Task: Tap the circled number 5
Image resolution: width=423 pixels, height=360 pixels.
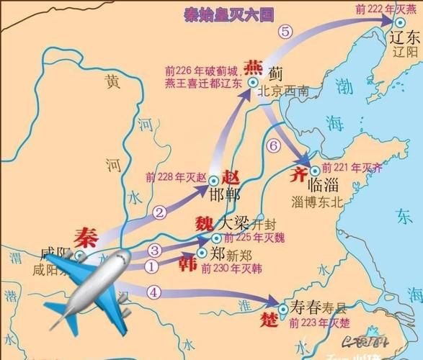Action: coord(285,31)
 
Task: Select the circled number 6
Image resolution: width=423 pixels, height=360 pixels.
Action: coord(272,145)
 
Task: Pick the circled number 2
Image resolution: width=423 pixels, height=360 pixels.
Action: coord(159,212)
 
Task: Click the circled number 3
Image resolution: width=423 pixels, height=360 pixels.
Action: coord(154,251)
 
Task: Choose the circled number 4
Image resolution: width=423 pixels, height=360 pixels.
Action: coord(153,292)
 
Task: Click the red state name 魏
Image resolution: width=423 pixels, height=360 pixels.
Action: coord(204,222)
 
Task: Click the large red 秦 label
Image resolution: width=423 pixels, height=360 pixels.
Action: coord(85,236)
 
